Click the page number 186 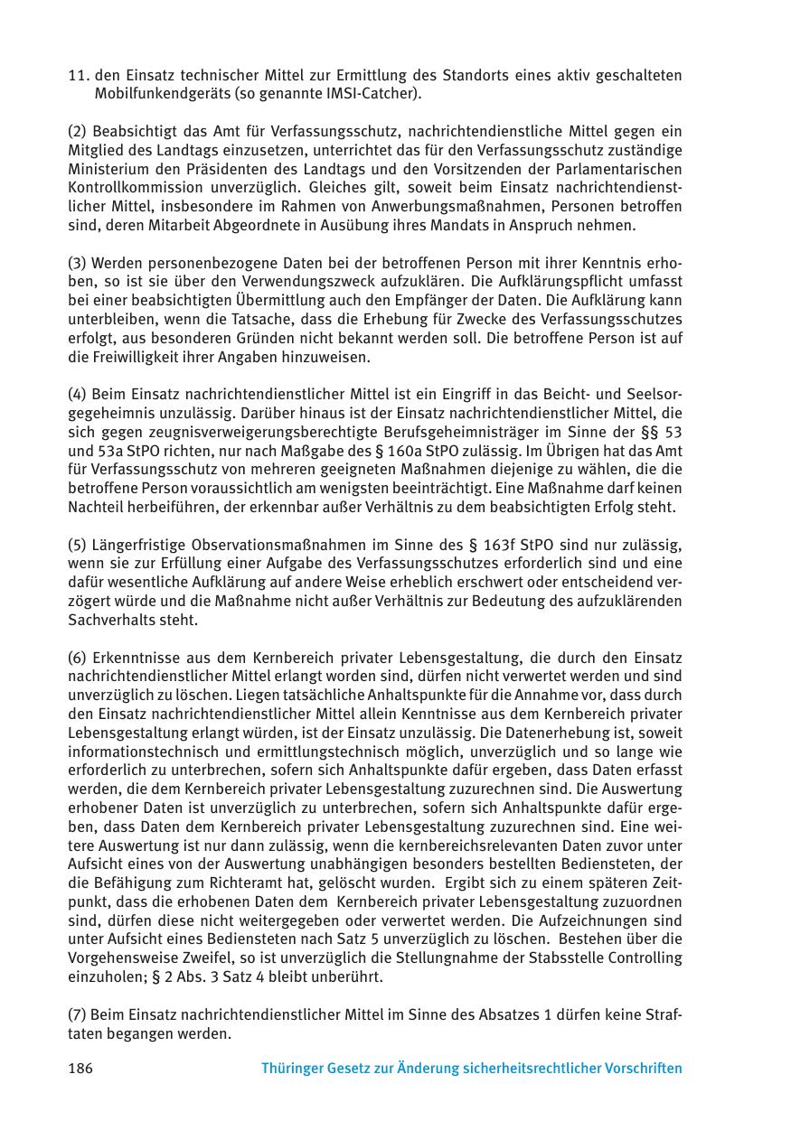80,1069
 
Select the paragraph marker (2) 78,132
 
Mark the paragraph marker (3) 78,263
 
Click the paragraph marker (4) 78,395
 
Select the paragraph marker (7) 78,1014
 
